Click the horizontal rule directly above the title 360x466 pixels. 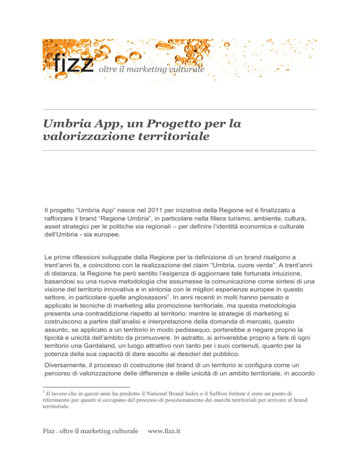coord(180,110)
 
